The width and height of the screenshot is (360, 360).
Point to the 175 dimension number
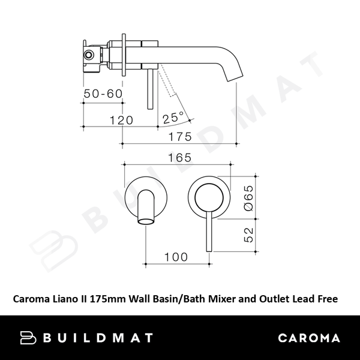179,136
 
